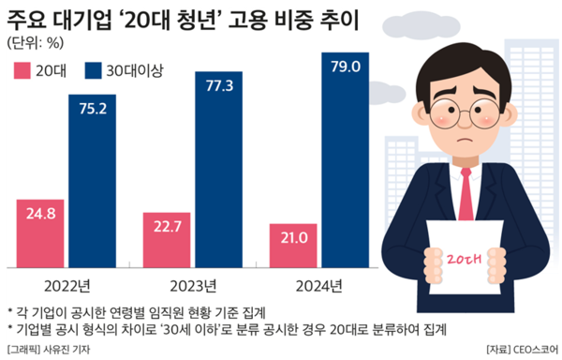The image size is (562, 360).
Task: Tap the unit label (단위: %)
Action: coord(35,42)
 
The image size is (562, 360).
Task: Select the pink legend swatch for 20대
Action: coord(22,70)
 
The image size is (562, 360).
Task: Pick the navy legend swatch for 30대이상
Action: coord(92,70)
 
